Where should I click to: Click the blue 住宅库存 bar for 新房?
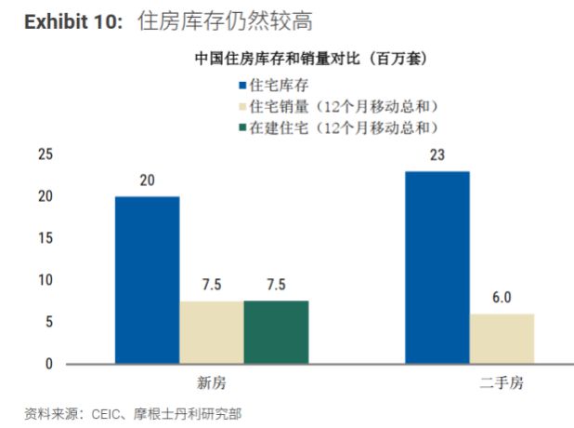(147, 280)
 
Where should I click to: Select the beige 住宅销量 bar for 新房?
(212, 333)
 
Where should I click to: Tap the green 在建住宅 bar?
(277, 332)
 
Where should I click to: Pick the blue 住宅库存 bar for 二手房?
(437, 267)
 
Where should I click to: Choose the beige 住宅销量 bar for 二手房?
(502, 339)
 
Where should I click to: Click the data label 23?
(437, 155)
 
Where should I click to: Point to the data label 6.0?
(502, 298)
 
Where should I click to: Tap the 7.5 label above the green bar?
(276, 285)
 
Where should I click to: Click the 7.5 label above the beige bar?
(212, 285)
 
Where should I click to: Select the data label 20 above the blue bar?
(147, 181)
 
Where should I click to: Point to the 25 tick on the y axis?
(46, 154)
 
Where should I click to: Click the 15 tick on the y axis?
(46, 238)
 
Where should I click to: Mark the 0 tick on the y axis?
(49, 364)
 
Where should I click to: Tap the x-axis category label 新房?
(212, 383)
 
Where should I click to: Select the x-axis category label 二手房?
(502, 383)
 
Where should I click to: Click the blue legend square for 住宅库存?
(242, 86)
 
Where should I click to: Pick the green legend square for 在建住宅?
(242, 127)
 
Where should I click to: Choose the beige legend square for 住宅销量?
(242, 107)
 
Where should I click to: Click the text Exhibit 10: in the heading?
(73, 21)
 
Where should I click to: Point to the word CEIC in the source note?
(106, 414)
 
